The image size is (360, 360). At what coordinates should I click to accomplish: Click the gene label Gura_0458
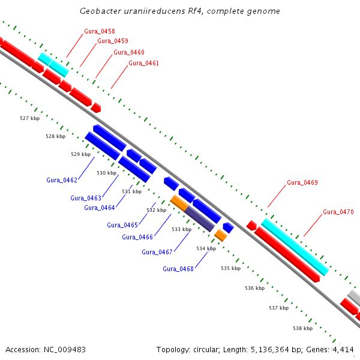pos(100,31)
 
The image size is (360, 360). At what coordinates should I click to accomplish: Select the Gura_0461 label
pos(143,63)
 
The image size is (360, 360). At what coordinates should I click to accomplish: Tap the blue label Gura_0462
pos(62,180)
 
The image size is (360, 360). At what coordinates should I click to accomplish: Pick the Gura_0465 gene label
pos(122,225)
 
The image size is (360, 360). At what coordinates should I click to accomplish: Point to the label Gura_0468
pos(178,269)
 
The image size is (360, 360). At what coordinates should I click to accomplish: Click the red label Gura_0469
pos(302,182)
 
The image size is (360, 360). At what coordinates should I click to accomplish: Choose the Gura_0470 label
pos(338,212)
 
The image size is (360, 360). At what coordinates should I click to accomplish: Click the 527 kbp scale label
pos(29,118)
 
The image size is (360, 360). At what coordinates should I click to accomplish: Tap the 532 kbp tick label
pos(157,210)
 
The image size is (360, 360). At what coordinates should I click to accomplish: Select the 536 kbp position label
pos(254,288)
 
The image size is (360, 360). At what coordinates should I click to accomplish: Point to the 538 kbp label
pos(302,328)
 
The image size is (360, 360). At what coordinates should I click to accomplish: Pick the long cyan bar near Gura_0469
pos(295,247)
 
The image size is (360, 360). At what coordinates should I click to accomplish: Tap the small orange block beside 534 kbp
pos(221,235)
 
